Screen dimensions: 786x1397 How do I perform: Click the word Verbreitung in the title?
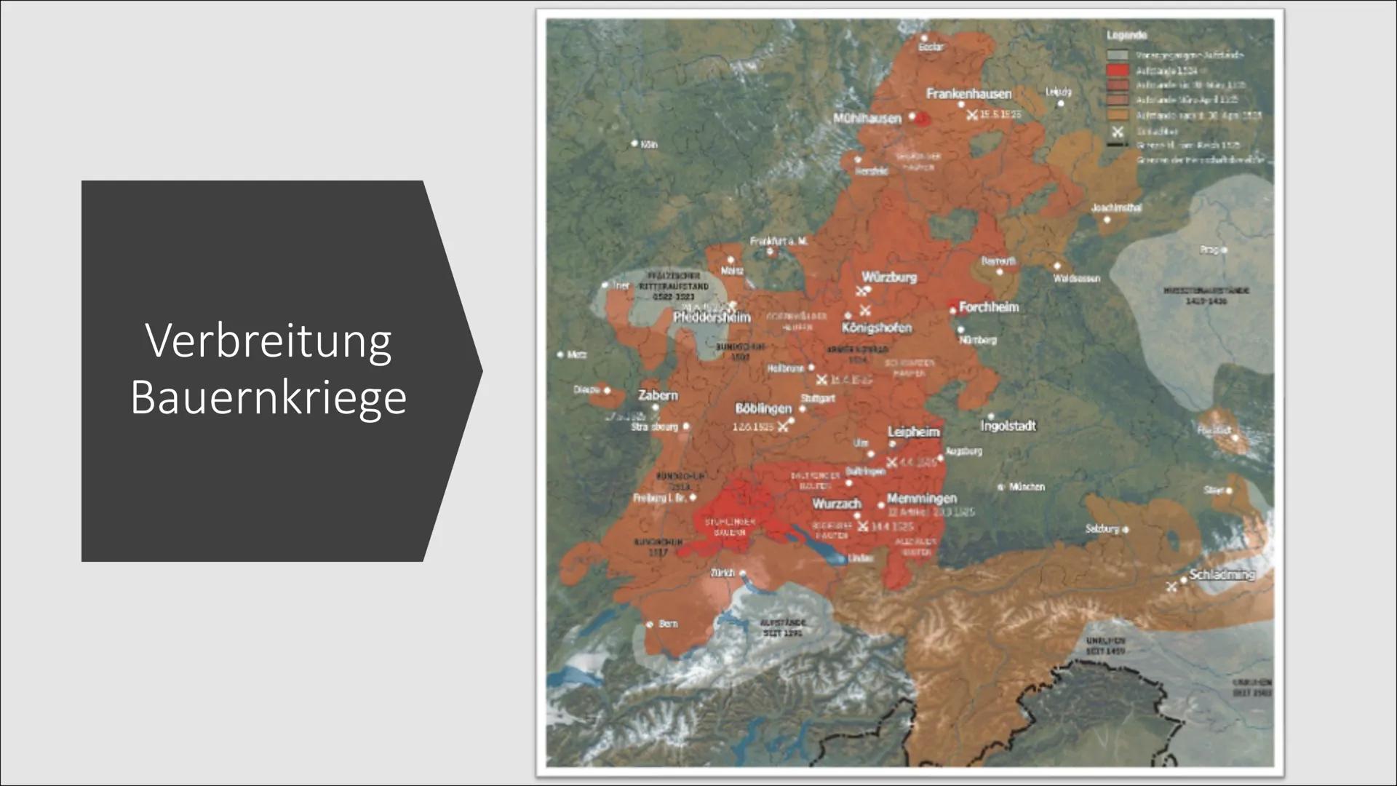(268, 341)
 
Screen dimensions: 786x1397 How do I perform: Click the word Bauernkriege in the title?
(268, 397)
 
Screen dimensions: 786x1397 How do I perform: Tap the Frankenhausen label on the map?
(968, 94)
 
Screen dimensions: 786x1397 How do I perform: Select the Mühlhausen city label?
(867, 118)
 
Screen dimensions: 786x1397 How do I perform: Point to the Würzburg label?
(889, 277)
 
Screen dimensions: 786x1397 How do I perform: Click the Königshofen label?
(876, 327)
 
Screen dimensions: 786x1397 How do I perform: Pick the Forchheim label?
(989, 307)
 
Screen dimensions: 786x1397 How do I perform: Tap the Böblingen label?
(763, 408)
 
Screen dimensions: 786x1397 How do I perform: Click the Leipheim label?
(913, 432)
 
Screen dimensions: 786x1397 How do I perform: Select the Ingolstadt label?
(1008, 426)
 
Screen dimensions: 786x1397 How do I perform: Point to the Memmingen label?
(921, 499)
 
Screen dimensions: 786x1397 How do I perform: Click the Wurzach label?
(837, 504)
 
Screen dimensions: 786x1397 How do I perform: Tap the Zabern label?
(658, 395)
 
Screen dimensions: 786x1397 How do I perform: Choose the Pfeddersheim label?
(712, 317)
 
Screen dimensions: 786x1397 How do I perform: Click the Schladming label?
(1222, 574)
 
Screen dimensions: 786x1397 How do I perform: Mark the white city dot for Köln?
(634, 143)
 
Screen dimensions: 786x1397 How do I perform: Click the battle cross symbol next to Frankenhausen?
(972, 114)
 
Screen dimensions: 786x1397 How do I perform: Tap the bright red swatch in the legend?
(1118, 71)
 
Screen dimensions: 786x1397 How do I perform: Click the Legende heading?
(1127, 35)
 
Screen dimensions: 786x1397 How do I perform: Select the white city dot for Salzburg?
(1125, 529)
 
